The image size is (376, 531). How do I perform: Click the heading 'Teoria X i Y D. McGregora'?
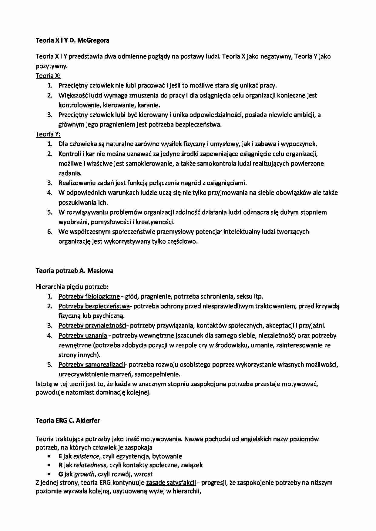[72, 40]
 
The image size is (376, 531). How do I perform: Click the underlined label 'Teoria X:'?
[48, 76]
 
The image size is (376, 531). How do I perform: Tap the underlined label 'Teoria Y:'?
[48, 134]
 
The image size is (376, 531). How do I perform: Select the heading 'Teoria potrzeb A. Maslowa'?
[74, 271]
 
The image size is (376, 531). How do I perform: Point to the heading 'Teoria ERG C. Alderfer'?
[68, 420]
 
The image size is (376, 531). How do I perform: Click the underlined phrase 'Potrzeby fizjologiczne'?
[89, 296]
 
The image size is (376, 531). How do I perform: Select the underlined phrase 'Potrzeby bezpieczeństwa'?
[94, 306]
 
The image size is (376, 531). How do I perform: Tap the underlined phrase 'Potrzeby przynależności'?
[92, 325]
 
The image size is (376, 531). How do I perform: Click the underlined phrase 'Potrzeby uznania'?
[82, 335]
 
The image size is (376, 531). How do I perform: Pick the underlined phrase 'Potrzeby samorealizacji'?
[92, 364]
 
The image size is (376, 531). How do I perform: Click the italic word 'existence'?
[86, 456]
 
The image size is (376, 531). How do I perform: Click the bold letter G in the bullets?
[60, 474]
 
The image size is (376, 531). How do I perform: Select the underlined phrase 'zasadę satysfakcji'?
[171, 483]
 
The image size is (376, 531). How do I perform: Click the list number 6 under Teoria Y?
[50, 232]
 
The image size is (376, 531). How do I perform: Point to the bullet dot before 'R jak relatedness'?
[49, 465]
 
